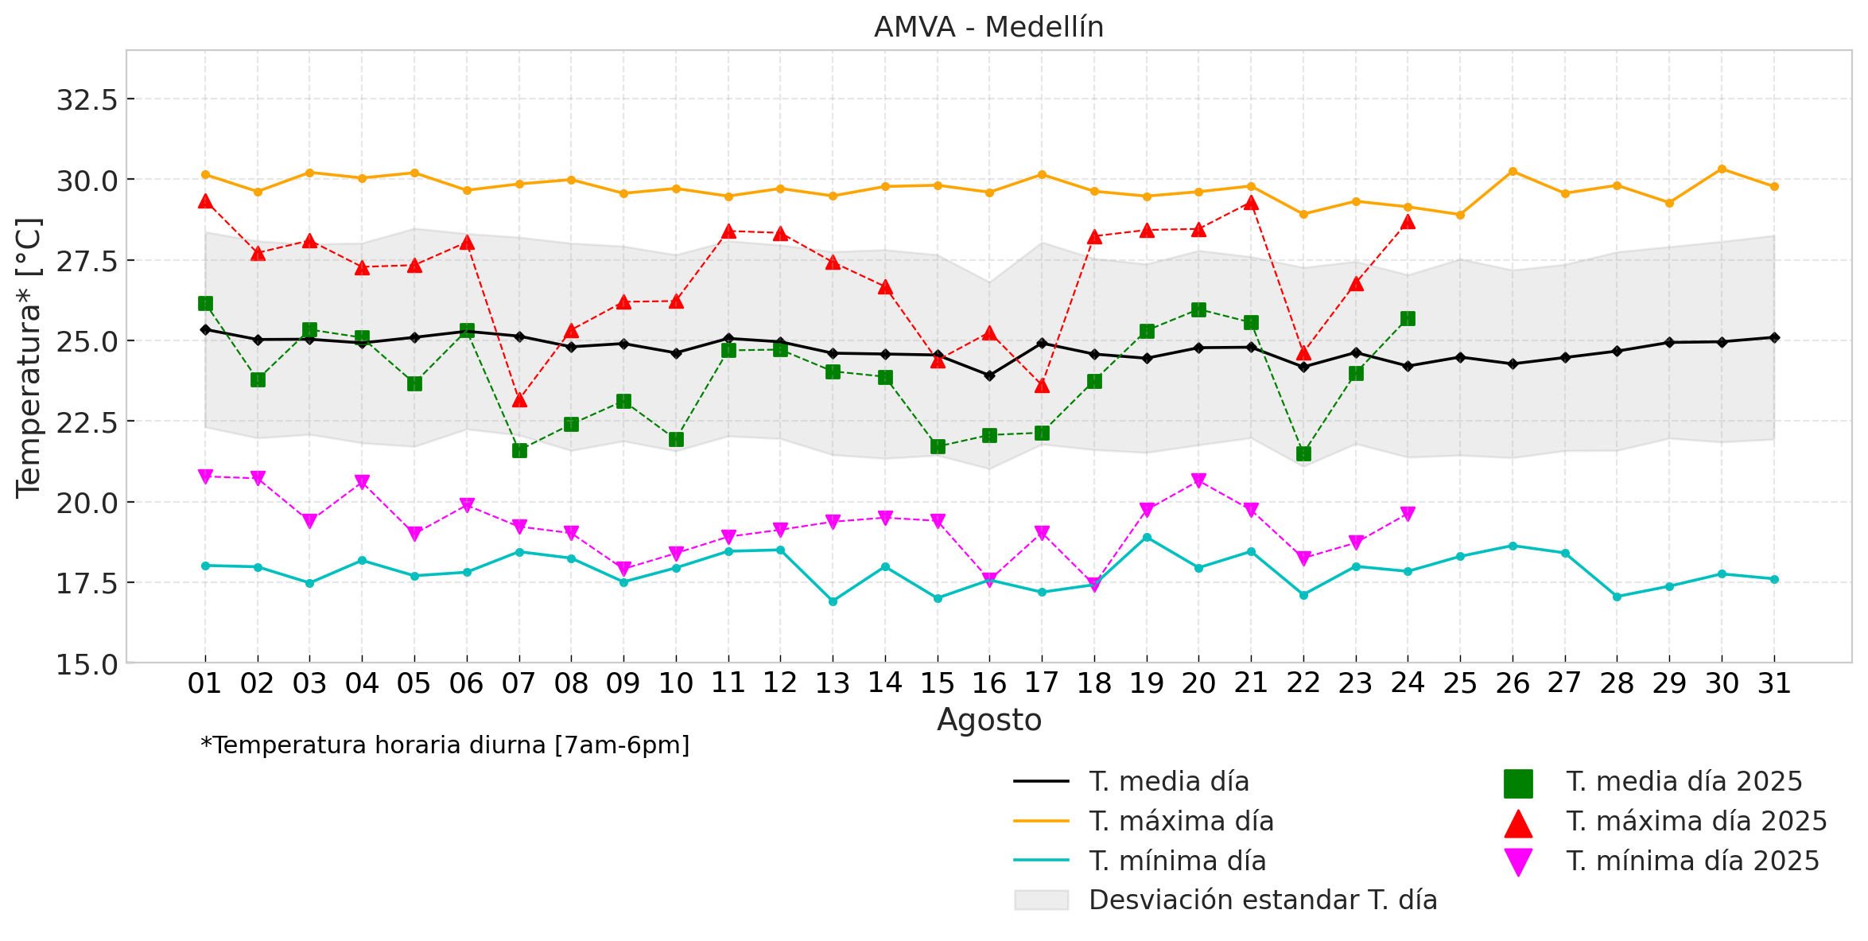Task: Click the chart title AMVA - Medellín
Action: [988, 27]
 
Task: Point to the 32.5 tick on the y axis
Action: [87, 100]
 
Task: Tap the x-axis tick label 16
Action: [989, 683]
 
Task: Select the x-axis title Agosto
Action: [988, 720]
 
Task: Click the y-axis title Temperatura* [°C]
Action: [29, 358]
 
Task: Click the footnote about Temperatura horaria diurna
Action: [445, 745]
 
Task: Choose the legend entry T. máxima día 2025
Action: [1696, 822]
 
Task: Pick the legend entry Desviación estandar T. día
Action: [1262, 900]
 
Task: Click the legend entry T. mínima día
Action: [1177, 861]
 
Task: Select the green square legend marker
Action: [1517, 784]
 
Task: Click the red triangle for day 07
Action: [519, 399]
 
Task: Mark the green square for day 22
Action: [1303, 453]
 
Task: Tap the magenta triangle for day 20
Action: [1198, 480]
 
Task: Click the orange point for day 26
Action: [1513, 172]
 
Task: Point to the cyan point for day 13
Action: [833, 601]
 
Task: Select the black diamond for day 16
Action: [989, 375]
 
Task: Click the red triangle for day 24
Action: [1408, 222]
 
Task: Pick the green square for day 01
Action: [205, 303]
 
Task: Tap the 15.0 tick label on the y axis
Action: [87, 664]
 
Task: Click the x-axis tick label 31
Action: [1774, 683]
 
